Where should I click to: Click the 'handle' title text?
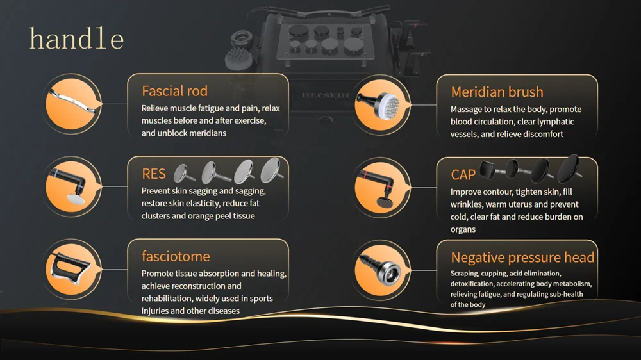[76, 39]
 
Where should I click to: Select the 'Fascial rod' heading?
[174, 91]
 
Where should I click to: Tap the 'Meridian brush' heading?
[497, 92]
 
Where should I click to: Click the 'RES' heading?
[154, 174]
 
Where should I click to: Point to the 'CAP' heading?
[463, 175]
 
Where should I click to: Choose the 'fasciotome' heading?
[176, 256]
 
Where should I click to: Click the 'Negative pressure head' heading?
[522, 258]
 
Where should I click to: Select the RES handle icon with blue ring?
[69, 186]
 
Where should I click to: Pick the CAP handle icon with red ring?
[378, 188]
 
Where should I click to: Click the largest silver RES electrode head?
[272, 170]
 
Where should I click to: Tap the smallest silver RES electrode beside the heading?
[183, 173]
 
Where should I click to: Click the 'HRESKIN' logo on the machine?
[326, 95]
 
